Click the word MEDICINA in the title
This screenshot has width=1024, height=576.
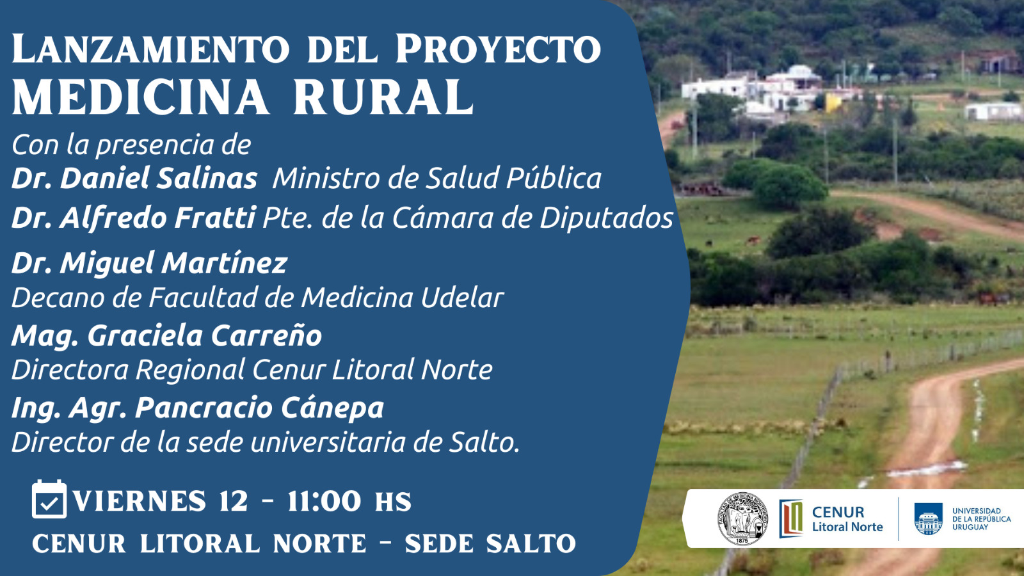[140, 97]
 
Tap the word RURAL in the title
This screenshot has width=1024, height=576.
[383, 97]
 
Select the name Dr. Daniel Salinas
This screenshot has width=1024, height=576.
[134, 179]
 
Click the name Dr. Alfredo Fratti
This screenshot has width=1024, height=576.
[134, 218]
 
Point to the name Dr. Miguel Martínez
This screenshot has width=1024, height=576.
[150, 264]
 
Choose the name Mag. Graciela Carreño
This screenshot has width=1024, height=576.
[167, 336]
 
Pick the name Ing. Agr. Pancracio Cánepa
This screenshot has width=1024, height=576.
[198, 408]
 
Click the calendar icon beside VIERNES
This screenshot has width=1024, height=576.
[49, 499]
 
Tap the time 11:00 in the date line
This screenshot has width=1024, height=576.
[324, 502]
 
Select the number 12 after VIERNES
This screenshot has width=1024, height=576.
[234, 502]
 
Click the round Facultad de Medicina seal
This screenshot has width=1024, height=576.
[742, 519]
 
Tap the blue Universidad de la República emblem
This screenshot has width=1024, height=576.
[929, 519]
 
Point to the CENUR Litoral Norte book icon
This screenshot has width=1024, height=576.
[791, 518]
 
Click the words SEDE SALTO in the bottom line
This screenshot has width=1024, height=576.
[490, 543]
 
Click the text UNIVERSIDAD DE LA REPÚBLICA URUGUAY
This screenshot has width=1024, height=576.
[982, 519]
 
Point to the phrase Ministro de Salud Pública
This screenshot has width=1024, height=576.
[437, 179]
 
